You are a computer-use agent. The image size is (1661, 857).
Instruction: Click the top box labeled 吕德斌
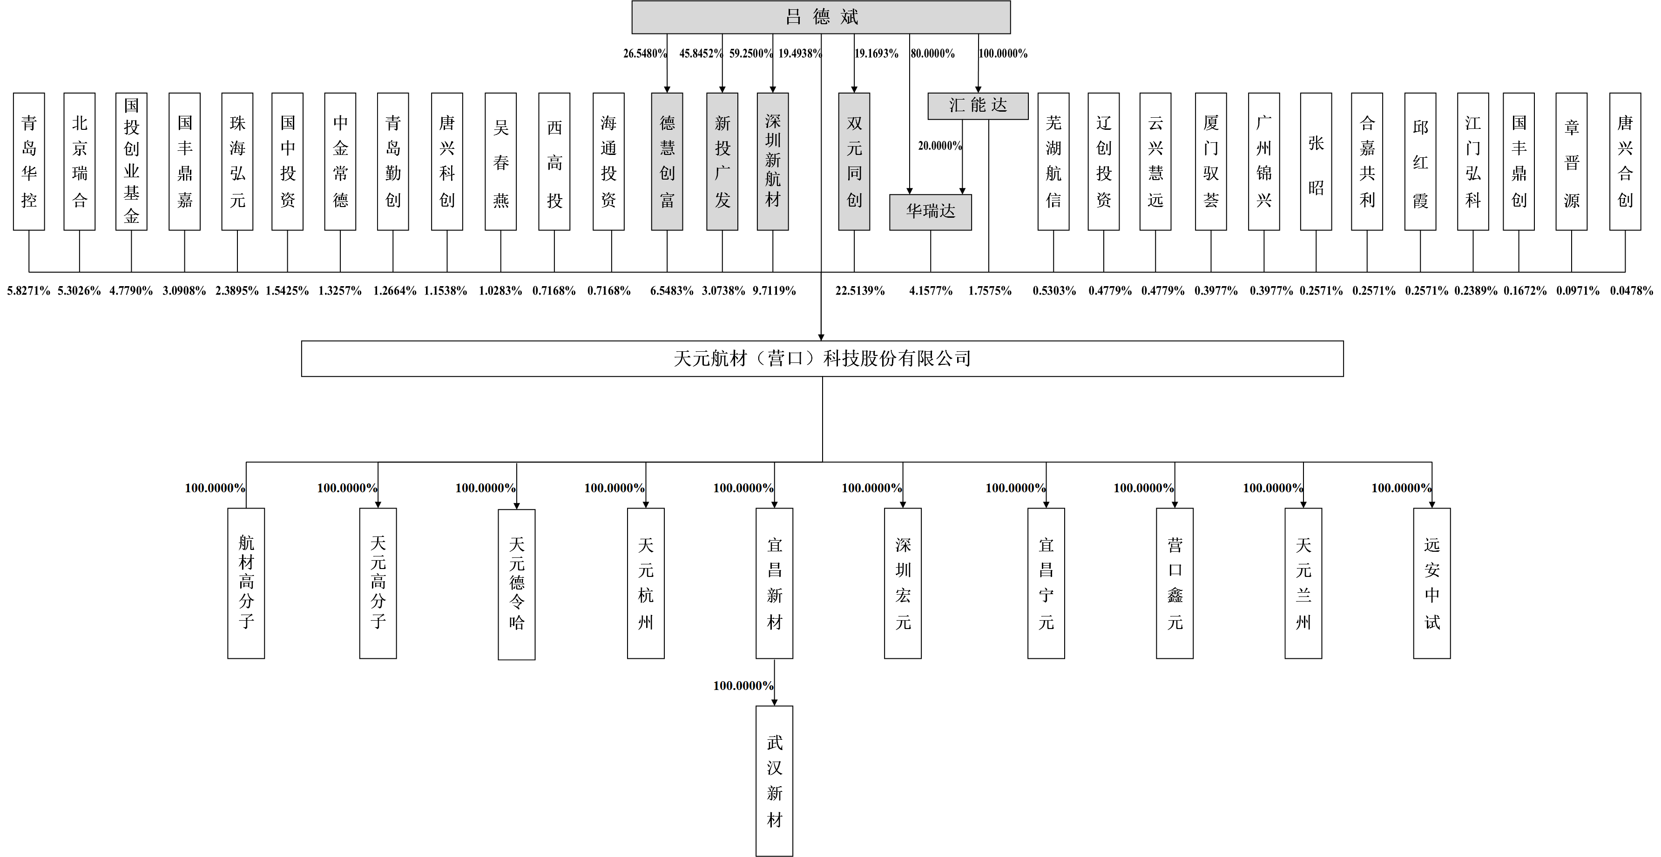coord(820,17)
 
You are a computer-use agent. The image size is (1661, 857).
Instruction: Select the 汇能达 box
coord(978,106)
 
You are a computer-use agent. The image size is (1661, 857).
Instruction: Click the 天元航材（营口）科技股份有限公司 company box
coord(822,358)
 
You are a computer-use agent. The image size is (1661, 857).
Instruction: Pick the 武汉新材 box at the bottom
coord(774,781)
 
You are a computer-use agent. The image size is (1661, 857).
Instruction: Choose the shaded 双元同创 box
coord(854,161)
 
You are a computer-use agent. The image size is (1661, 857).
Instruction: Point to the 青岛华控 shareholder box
coord(29,161)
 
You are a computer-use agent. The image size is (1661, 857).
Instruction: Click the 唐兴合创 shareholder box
coord(1624,161)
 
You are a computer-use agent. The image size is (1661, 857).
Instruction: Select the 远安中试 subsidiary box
coord(1431,583)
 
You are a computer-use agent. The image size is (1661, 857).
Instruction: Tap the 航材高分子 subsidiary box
coord(246,583)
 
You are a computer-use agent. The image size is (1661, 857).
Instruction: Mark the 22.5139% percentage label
coord(859,291)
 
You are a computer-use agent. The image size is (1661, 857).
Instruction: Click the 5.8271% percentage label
coord(28,291)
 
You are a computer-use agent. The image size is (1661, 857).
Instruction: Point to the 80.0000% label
coord(932,54)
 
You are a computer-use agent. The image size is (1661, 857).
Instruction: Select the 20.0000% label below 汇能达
coord(939,146)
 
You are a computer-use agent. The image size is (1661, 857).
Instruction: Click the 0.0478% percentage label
coord(1631,291)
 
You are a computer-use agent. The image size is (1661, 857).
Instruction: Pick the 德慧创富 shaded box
coord(667,161)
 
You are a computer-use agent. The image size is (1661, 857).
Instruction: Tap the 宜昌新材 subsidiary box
coord(774,583)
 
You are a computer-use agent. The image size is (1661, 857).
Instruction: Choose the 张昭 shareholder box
coord(1316,161)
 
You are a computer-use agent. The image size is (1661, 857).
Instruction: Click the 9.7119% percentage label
coord(774,291)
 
